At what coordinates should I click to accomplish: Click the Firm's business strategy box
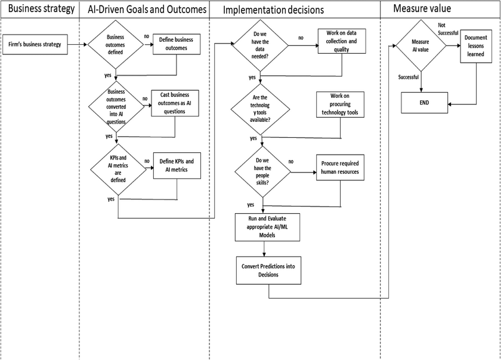pos(35,44)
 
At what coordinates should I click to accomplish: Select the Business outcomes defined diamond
pos(116,44)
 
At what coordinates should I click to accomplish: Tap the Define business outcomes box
pos(177,44)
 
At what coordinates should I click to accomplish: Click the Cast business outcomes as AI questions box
pos(175,103)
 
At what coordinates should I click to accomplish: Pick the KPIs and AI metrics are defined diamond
pos(118,169)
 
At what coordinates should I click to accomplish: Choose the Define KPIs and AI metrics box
pos(177,165)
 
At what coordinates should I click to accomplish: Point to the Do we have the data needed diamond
pos(261,45)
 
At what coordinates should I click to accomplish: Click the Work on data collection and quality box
pos(342,41)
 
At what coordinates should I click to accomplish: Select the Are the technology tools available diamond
pos(261,109)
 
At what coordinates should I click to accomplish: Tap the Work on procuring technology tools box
pos(341,104)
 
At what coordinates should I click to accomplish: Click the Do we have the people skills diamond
pos(262,172)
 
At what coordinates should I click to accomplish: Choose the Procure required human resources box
pos(341,168)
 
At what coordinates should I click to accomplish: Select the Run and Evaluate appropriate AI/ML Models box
pos(267,227)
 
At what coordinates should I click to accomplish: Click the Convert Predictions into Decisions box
pos(269,270)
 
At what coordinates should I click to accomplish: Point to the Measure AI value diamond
pos(421,45)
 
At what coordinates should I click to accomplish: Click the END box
pos(425,103)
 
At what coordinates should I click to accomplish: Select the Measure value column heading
pos(422,8)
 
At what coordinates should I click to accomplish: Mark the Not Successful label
pos(448,29)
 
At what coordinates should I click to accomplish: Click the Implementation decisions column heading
pos(273,10)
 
